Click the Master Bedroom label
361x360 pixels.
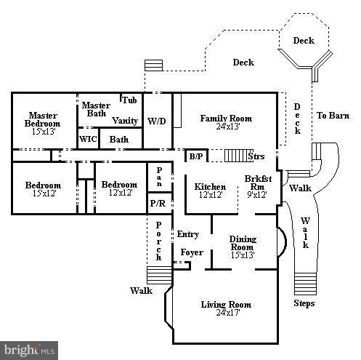tap(42, 119)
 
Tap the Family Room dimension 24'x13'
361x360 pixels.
tap(228, 127)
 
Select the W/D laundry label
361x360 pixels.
tap(157, 121)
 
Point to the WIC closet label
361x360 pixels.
tap(88, 139)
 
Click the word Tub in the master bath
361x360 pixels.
tap(129, 100)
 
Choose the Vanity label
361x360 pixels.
tap(125, 121)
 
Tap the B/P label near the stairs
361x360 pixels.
tap(196, 156)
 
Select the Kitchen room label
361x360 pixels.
tap(210, 187)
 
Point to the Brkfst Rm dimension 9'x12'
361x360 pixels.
tap(257, 194)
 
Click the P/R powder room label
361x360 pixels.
tap(158, 203)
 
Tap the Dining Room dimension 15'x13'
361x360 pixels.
tap(243, 255)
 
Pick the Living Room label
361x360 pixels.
tap(226, 305)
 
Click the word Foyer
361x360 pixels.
tap(192, 252)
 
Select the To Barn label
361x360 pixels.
tap(333, 116)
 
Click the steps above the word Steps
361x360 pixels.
tap(305, 284)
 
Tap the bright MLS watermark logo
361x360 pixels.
tap(29, 351)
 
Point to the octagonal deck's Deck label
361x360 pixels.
tap(304, 41)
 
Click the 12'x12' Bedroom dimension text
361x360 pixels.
tap(121, 193)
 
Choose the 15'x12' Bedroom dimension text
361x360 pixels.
tap(44, 193)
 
